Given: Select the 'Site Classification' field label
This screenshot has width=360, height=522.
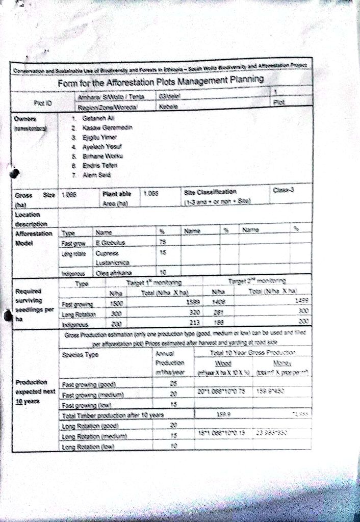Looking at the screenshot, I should pyautogui.click(x=211, y=192).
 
